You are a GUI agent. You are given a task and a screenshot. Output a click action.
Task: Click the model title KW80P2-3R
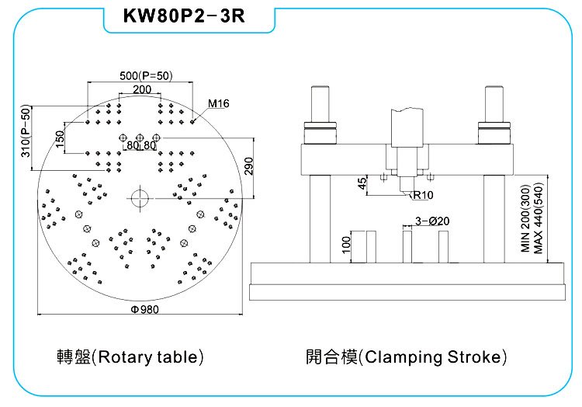coord(184,16)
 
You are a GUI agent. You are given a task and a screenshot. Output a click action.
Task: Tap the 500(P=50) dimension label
coord(146,76)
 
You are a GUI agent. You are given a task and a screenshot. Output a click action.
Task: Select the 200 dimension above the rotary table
coord(142,89)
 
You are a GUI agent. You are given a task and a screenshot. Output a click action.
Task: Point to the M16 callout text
coord(219,103)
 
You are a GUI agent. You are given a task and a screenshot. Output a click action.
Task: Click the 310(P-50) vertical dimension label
coord(26,130)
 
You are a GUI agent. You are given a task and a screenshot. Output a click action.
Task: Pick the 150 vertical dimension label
coord(60,138)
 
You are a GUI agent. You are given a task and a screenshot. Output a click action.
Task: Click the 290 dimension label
coord(248,166)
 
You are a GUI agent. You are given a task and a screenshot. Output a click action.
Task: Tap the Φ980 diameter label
coord(145,309)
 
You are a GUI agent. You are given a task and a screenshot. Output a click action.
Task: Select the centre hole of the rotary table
coord(140,197)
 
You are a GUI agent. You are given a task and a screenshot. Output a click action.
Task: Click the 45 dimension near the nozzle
coord(362,183)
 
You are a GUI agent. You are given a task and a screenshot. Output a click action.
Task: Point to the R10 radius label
coord(423,195)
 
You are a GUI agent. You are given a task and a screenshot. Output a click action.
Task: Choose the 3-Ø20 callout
coord(432,221)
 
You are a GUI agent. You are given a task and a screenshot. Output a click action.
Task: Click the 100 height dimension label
coord(346,245)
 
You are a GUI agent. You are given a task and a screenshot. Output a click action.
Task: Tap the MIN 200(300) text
coord(525,218)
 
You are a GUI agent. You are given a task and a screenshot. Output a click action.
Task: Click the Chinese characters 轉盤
coord(74,357)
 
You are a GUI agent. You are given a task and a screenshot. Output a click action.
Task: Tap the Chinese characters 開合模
coord(331,357)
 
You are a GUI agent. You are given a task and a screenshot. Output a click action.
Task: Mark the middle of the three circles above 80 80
coord(140,137)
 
